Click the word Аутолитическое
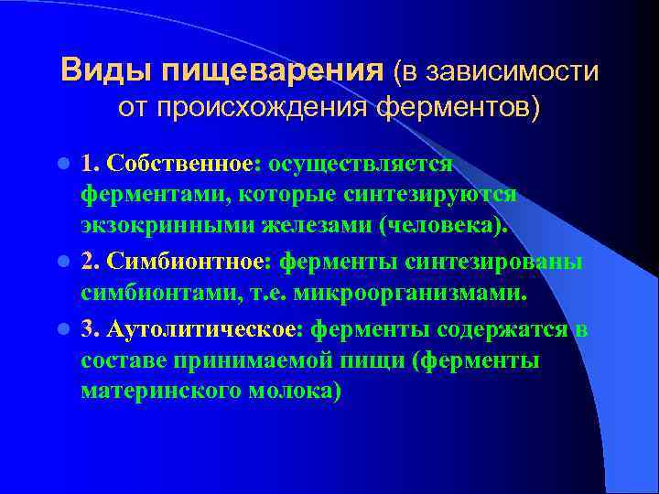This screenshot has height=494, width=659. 206,328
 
